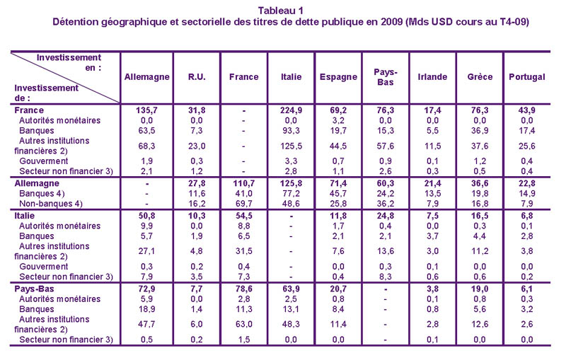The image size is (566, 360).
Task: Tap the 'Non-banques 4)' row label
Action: [48, 204]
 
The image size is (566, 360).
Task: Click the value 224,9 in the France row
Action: [291, 110]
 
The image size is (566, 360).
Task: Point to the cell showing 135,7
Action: [146, 110]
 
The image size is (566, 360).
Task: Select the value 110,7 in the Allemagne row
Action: [243, 182]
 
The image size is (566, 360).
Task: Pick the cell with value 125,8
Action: [291, 182]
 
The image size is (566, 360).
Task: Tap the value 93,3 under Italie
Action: [291, 130]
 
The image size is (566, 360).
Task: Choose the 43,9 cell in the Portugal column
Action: [527, 110]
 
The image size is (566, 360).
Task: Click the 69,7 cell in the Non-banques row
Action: [243, 204]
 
